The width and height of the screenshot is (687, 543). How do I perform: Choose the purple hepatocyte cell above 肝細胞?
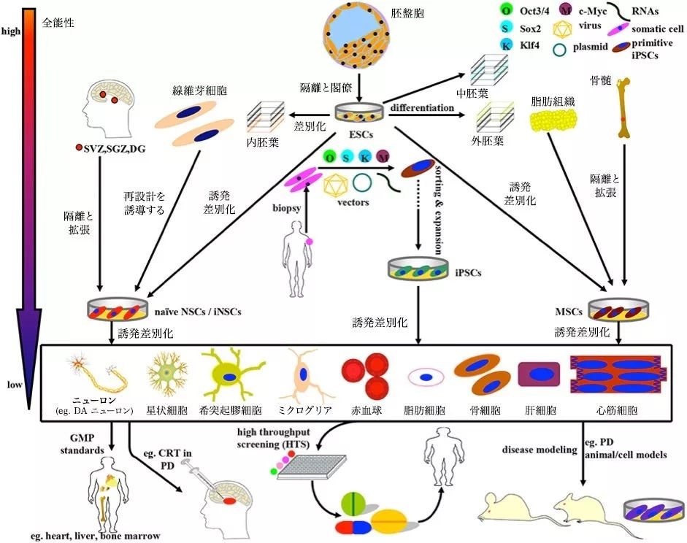tap(539, 374)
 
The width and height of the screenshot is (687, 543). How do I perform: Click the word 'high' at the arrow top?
tap(12, 31)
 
